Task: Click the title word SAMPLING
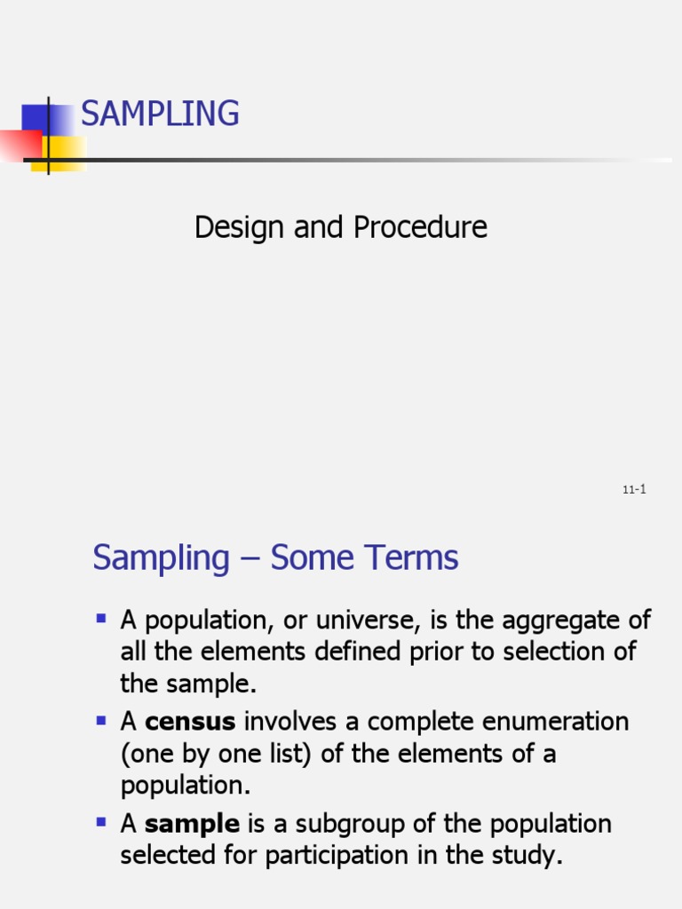[160, 114]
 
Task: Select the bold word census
[190, 722]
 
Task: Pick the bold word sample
[192, 824]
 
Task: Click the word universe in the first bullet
[321, 620]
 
